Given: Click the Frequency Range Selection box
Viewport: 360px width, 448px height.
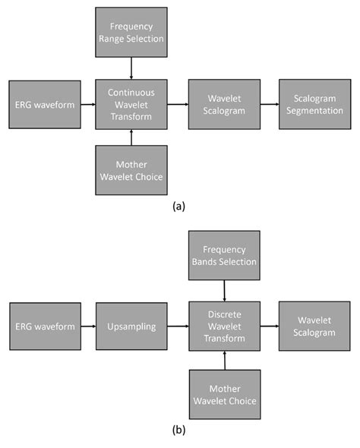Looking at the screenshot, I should pyautogui.click(x=131, y=33).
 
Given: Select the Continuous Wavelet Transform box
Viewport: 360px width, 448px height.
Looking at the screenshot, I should pyautogui.click(x=131, y=104).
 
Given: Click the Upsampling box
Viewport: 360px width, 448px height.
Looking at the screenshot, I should pyautogui.click(x=131, y=326).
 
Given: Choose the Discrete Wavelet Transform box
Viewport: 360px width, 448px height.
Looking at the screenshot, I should pyautogui.click(x=224, y=326).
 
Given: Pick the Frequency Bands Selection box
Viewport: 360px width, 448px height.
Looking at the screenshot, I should pyautogui.click(x=224, y=254).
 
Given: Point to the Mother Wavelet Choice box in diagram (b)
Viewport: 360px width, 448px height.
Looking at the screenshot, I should pyautogui.click(x=224, y=394).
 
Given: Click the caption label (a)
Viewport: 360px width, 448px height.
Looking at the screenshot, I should pyautogui.click(x=179, y=206).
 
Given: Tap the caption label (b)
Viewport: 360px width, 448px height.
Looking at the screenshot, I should pyautogui.click(x=179, y=430).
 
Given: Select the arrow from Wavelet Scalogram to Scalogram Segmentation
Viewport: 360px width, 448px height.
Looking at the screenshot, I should pyautogui.click(x=269, y=104).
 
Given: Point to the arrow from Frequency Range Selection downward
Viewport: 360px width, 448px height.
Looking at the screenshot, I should pyautogui.click(x=131, y=68).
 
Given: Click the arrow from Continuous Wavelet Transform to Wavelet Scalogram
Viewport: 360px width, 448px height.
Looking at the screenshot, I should pyautogui.click(x=177, y=104).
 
